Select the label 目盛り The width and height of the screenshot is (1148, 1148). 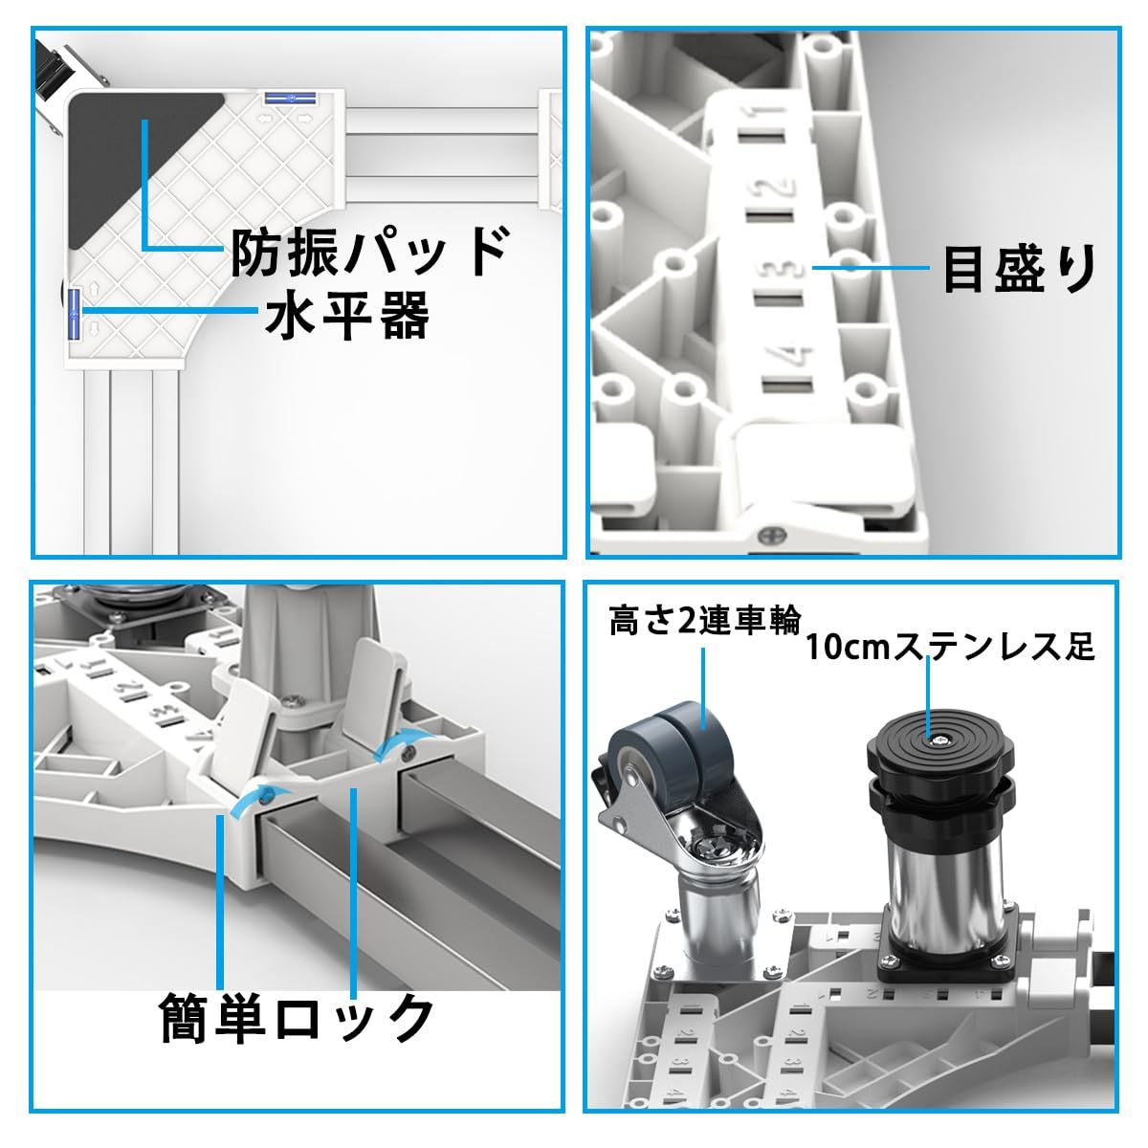(x=1019, y=270)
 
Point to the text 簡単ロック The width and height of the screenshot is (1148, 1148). (x=296, y=1017)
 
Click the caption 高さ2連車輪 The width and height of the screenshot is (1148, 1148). (x=705, y=623)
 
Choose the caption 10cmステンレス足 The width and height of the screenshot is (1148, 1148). (x=949, y=648)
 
